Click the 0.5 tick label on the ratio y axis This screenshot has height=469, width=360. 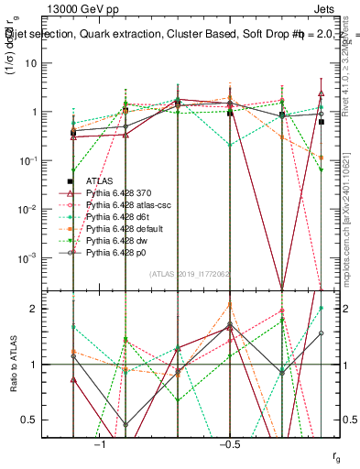[x=37, y=420]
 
